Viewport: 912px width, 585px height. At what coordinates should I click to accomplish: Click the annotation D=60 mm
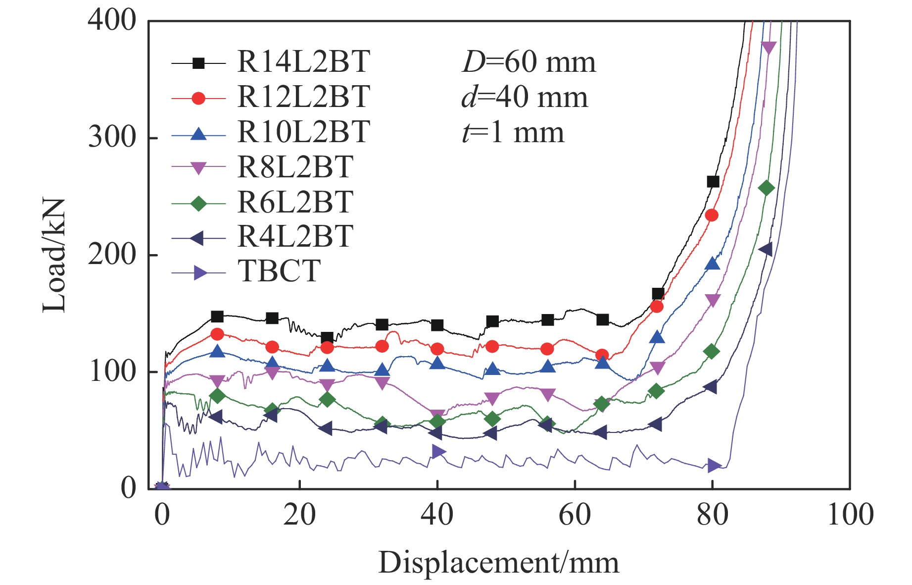click(528, 62)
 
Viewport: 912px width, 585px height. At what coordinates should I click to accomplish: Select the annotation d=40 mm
click(525, 97)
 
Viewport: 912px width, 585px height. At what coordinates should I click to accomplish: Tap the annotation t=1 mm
click(513, 133)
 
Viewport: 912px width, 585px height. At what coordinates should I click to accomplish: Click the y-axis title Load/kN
click(54, 255)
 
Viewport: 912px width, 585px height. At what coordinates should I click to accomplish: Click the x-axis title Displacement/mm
click(498, 563)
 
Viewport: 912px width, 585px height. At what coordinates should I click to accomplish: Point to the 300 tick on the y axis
click(112, 138)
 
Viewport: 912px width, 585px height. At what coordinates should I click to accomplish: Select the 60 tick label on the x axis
click(575, 515)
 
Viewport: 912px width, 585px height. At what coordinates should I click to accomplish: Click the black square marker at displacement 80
click(713, 182)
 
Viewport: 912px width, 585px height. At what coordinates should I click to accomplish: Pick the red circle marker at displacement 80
click(712, 215)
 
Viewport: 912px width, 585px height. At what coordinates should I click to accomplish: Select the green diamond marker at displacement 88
click(766, 188)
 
